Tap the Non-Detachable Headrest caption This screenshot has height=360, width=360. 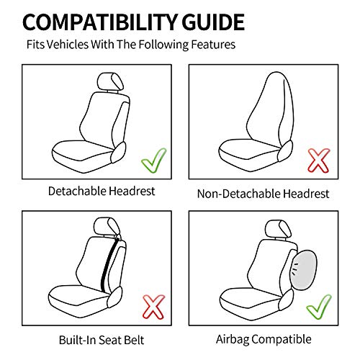coord(263,193)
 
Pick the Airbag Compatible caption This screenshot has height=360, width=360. coord(264,338)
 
